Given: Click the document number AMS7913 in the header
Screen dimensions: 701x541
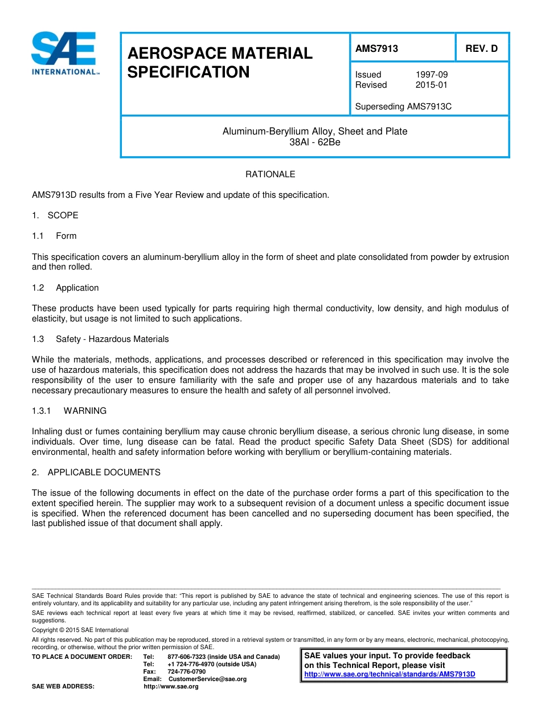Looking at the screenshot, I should [x=376, y=48].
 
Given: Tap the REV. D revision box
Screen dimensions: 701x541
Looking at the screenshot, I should [x=481, y=48].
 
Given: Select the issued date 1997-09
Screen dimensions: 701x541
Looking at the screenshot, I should [x=431, y=75].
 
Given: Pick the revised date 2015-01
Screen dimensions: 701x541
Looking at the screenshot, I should [x=431, y=85].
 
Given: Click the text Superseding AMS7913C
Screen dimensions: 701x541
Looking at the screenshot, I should [x=403, y=107].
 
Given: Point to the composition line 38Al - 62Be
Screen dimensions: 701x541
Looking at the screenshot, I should [x=314, y=142].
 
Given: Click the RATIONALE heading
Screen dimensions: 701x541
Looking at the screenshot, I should [x=270, y=174].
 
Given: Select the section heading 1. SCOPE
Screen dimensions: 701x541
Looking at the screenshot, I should [x=55, y=215].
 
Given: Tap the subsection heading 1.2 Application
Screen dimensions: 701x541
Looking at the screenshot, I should [x=65, y=288].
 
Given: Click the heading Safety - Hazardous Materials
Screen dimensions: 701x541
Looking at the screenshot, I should [x=112, y=339].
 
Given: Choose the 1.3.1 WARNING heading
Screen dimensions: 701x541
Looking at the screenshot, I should [x=69, y=411].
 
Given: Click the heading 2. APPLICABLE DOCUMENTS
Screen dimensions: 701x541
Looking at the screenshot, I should [x=96, y=472].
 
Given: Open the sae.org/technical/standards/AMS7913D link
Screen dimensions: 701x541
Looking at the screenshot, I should [x=390, y=674].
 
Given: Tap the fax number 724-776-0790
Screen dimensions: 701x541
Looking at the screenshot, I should [x=186, y=672].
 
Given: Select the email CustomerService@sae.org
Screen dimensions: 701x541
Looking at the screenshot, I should [x=207, y=679].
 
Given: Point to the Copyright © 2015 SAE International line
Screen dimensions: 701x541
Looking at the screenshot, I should [x=80, y=630].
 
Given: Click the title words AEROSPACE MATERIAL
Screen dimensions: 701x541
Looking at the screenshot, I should [x=220, y=53].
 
